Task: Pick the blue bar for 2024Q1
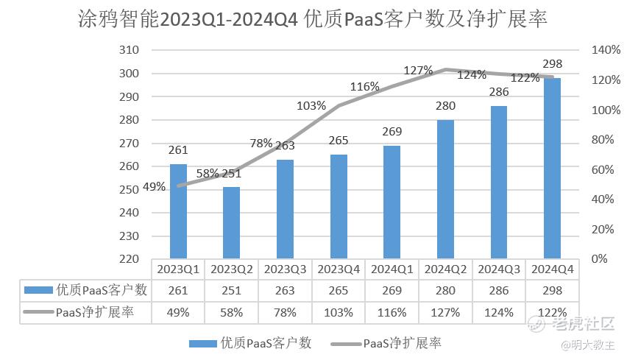point(392,202)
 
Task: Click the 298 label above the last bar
point(552,63)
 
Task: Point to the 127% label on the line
point(418,70)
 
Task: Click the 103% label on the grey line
point(311,105)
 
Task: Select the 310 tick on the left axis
point(129,50)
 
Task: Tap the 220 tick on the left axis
point(129,259)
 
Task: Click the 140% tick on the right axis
point(606,50)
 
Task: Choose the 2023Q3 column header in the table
point(284,269)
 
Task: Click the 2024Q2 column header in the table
point(444,269)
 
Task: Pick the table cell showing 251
point(230,290)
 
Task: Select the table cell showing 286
point(498,290)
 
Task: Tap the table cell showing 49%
point(177,312)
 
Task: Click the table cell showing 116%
point(392,312)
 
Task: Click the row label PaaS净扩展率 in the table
point(94,312)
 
